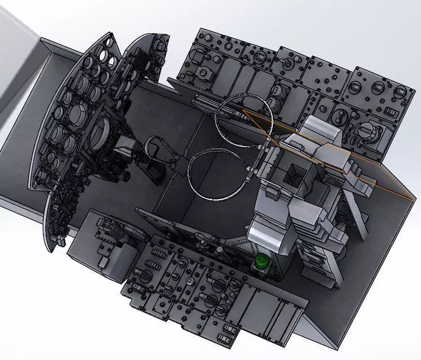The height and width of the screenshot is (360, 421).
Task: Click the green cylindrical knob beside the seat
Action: [x=262, y=262]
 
